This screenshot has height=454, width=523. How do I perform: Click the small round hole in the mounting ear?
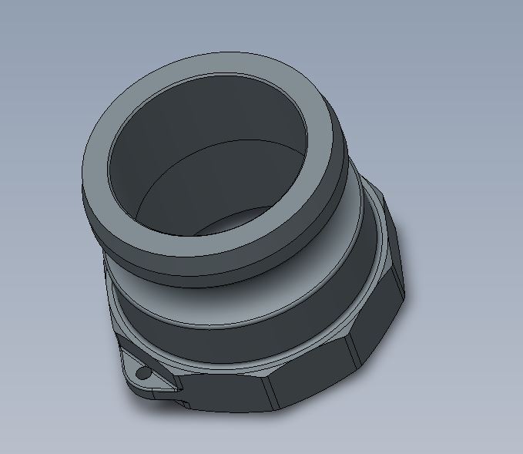coord(142,373)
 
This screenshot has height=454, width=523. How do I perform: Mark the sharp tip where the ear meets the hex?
coord(182,390)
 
